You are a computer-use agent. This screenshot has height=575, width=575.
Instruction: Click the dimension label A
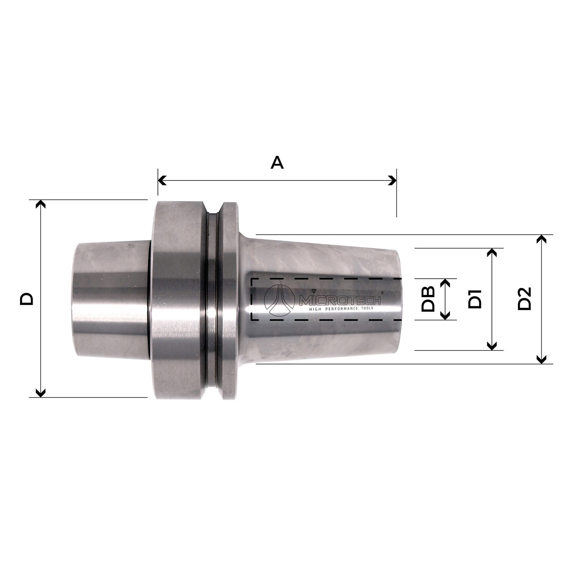pos(277,163)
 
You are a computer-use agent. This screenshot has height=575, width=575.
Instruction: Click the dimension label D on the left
pos(27,299)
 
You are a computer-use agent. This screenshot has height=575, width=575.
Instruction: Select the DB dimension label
pos(428,299)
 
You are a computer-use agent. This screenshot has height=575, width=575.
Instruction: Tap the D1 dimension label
pos(475,299)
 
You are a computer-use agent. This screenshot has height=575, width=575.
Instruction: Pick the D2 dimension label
pos(524,299)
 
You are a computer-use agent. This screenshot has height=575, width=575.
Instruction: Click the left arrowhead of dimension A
pos(162,180)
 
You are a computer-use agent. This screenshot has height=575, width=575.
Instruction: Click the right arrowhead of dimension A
pos(393,180)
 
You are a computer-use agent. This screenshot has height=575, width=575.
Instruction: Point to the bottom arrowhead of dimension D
pos(41,393)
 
